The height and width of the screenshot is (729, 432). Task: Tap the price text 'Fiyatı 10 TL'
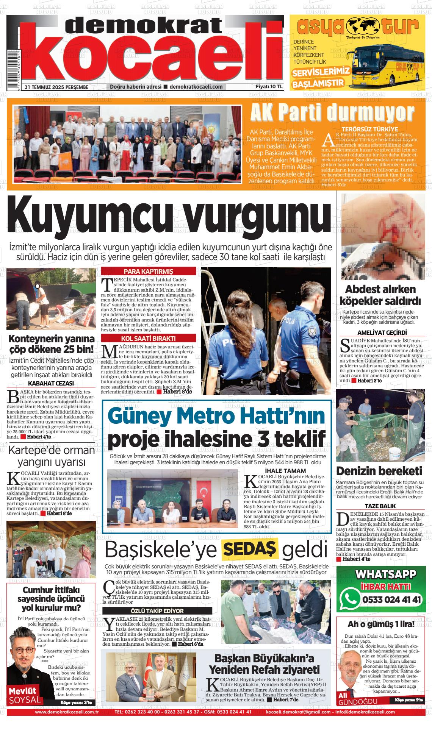click(269, 87)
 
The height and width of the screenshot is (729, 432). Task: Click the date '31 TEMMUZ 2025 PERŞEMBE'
click(56, 87)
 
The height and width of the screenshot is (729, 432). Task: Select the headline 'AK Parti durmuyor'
click(332, 113)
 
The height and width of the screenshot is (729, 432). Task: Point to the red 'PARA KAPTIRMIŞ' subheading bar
click(149, 272)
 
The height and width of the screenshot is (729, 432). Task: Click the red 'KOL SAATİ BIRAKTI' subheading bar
click(149, 338)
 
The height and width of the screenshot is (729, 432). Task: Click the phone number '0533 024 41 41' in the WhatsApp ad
click(392, 600)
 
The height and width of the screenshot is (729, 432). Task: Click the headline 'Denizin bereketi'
click(379, 471)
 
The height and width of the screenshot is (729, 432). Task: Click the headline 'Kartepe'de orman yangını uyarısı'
click(52, 456)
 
